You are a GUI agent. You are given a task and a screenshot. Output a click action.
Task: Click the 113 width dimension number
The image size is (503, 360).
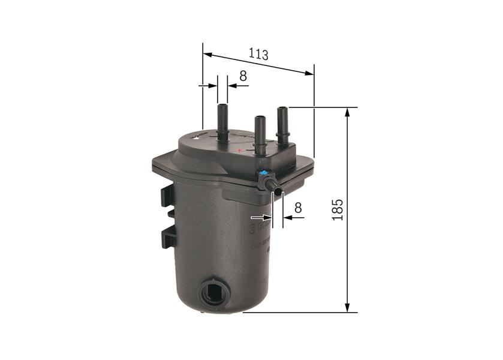pyautogui.click(x=258, y=54)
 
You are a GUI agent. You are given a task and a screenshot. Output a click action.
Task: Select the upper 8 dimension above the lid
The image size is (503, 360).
pyautogui.click(x=243, y=76)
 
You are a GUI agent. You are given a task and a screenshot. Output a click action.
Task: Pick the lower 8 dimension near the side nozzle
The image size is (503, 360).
pyautogui.click(x=297, y=208)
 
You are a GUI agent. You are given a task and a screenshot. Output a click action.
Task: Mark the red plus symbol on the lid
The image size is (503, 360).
pyautogui.click(x=239, y=150)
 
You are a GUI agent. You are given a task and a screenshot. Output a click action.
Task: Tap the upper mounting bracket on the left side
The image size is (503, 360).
pyautogui.click(x=166, y=196)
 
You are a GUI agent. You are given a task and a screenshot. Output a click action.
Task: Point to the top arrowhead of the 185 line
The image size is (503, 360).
pyautogui.click(x=347, y=112)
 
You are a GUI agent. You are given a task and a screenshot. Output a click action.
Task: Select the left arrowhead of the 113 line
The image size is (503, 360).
pyautogui.click(x=207, y=55)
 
